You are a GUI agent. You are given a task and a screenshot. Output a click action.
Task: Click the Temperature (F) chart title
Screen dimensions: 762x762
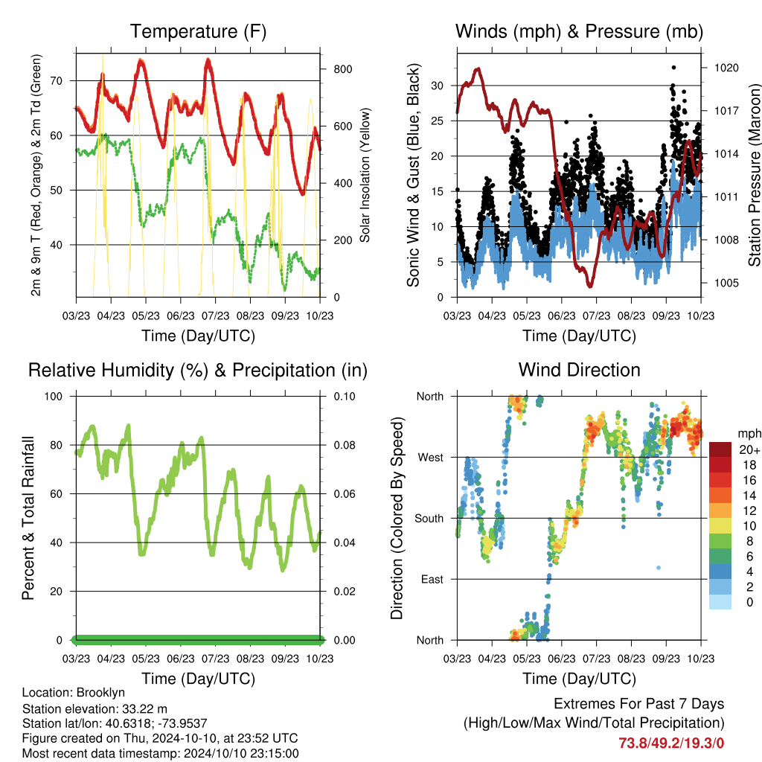point(198,31)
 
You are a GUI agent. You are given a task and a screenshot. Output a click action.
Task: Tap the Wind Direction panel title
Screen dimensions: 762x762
point(579,370)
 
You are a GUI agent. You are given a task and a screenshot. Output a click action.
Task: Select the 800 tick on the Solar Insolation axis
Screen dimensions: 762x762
point(343,69)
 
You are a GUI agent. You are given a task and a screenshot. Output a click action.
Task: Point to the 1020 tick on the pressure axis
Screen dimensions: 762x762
point(726,68)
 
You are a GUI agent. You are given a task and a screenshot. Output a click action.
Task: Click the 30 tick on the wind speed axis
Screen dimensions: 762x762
point(438,86)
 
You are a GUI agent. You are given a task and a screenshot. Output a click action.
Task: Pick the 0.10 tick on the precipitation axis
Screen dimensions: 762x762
point(345,396)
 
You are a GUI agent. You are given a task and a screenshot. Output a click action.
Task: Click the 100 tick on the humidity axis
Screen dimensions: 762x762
point(54,396)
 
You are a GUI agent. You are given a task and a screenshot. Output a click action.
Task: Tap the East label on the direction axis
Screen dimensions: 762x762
point(432,579)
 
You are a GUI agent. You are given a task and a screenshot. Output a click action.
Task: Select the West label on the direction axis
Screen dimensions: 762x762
point(431,458)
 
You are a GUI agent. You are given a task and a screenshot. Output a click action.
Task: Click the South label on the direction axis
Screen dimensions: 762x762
point(429,519)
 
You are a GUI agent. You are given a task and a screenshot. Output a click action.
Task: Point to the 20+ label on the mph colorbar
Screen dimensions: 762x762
point(749,449)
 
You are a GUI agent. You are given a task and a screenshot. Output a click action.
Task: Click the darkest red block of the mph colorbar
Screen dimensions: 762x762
point(720,449)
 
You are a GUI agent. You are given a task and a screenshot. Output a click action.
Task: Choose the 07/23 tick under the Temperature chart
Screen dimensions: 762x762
point(215,316)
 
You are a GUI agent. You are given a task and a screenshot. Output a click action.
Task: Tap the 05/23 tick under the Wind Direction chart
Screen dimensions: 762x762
point(527,659)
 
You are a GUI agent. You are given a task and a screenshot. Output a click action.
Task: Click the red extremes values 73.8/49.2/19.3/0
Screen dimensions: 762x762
point(671,743)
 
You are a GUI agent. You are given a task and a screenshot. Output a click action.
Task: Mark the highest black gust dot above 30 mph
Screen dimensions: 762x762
point(673,68)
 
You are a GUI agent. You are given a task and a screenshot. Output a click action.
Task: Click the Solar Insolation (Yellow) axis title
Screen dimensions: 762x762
point(365,175)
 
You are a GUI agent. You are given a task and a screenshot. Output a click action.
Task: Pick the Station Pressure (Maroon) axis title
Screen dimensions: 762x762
point(754,175)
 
